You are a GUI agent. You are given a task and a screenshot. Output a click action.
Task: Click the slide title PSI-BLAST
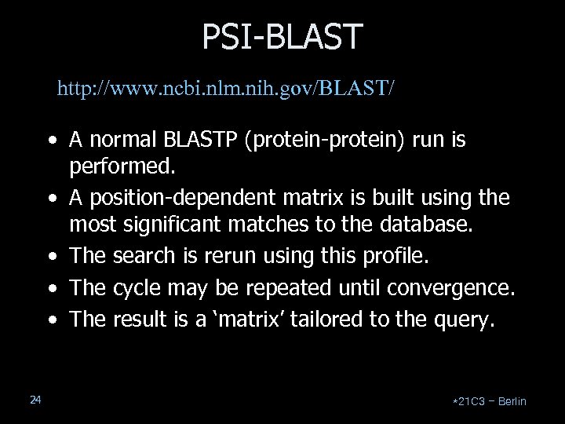coord(282,36)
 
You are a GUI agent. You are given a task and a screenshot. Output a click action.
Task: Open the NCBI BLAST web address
coord(226,87)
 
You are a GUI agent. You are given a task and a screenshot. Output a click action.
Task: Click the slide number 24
coord(35,400)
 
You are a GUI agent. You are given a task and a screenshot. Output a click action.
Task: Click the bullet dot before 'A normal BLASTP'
coord(51,142)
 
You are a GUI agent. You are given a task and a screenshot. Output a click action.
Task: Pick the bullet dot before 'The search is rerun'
coord(51,260)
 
